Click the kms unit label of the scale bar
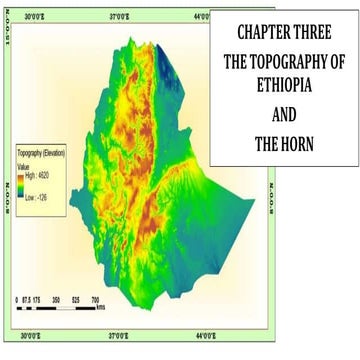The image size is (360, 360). [103, 307]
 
